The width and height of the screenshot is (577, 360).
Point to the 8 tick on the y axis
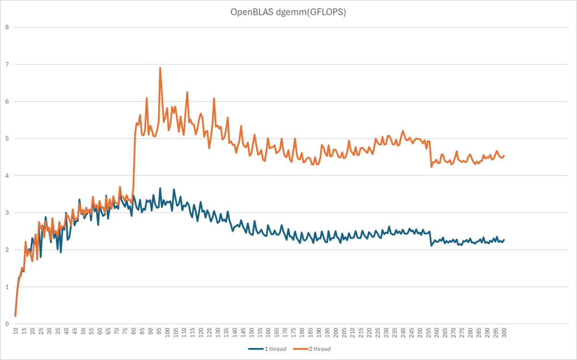pyautogui.click(x=7, y=27)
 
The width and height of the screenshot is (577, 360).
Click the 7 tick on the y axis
pyautogui.click(x=7, y=64)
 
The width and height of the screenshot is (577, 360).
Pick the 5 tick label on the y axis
pyautogui.click(x=7, y=138)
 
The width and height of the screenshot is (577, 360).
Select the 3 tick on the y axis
pyautogui.click(x=7, y=212)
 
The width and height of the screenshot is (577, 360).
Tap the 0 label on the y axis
pyautogui.click(x=7, y=324)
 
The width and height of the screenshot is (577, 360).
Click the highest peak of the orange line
pyautogui.click(x=160, y=68)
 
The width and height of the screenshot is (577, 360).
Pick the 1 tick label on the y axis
pyautogui.click(x=7, y=287)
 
